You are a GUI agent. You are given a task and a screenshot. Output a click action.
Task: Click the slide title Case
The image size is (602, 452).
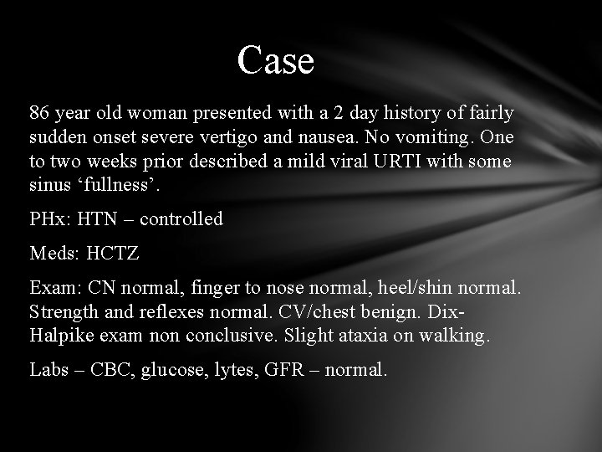point(275,60)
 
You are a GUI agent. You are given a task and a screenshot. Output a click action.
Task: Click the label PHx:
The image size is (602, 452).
point(51,219)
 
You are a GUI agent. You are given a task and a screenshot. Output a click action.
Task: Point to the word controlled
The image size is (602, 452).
point(181,219)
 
